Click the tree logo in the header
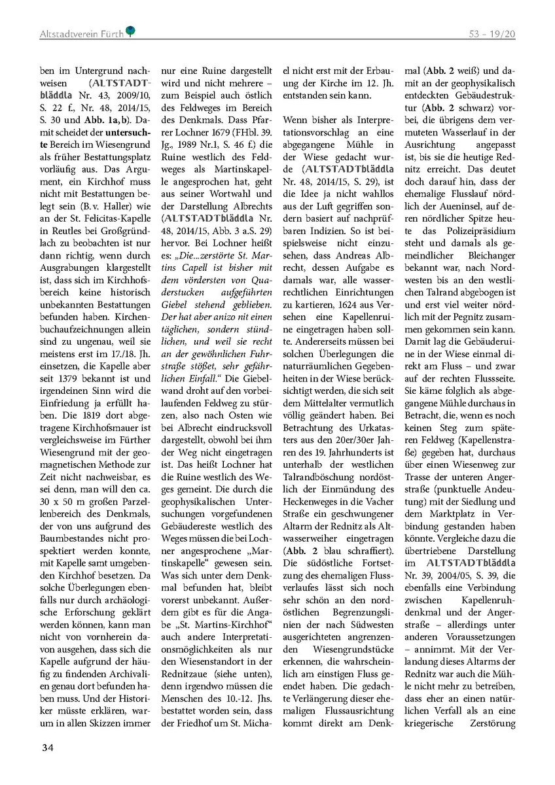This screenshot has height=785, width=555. [x=131, y=30]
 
